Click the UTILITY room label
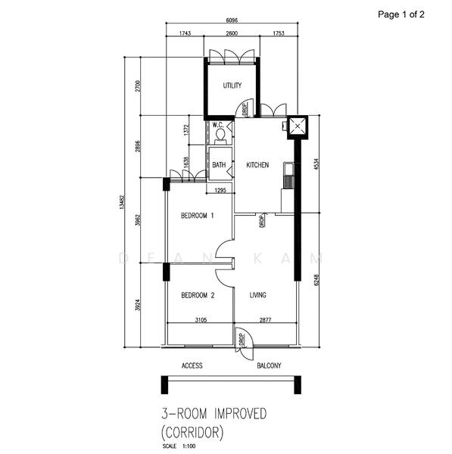point(232,86)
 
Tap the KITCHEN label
point(258,165)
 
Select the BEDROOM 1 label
point(197,216)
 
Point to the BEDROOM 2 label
point(197,295)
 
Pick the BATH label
point(219,165)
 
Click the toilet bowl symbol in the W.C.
point(220,135)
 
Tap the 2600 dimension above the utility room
point(232,34)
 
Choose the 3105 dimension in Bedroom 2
point(200,320)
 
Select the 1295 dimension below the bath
point(220,189)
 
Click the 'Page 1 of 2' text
point(410,14)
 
